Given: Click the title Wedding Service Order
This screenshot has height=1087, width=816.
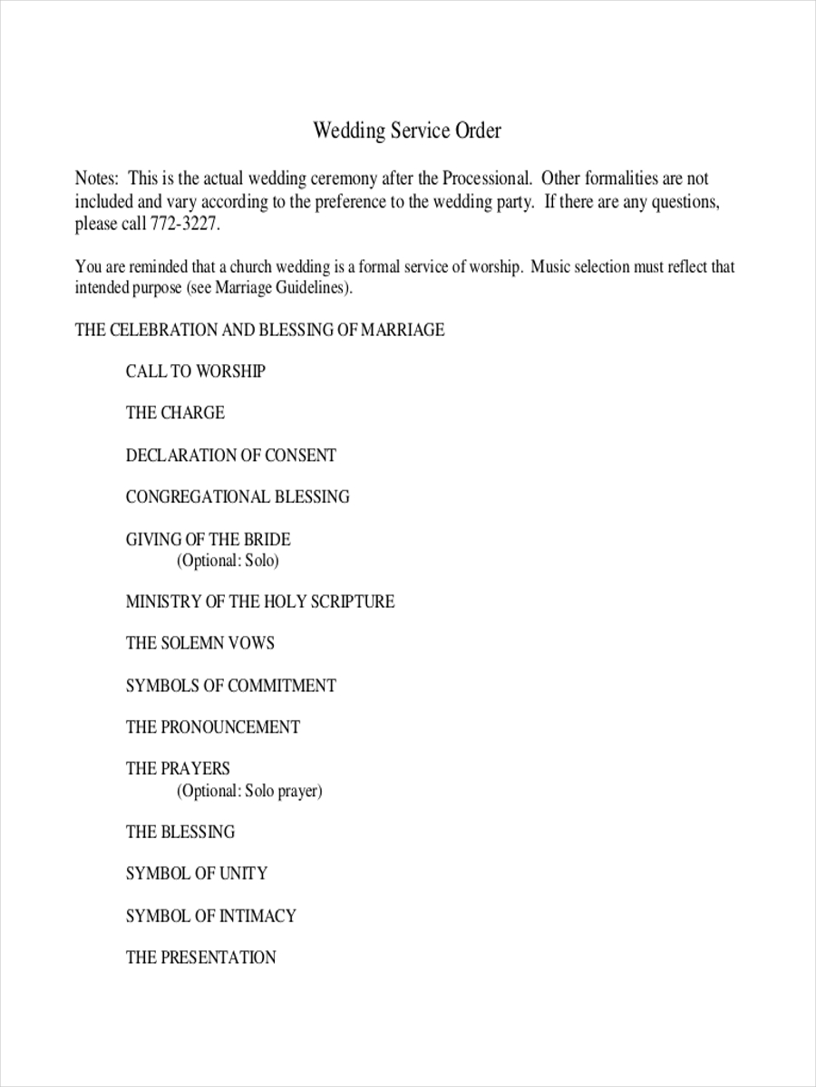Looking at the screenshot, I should click(x=407, y=130).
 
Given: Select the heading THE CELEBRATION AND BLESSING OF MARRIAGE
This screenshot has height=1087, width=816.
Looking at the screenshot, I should click(x=259, y=330).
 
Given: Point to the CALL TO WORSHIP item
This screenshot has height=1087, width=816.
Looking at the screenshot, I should click(x=195, y=371).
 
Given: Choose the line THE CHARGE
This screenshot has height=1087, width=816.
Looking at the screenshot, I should click(x=175, y=413).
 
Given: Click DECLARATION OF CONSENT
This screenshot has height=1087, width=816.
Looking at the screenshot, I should click(x=230, y=455).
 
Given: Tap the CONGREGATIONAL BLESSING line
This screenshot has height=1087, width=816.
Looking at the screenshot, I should click(x=237, y=496).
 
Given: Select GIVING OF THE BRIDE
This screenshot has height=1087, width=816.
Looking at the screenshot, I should click(x=208, y=540).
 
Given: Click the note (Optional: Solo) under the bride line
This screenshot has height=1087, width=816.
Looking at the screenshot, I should click(x=228, y=561).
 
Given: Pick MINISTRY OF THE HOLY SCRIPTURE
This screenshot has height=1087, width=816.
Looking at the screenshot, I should click(x=259, y=601).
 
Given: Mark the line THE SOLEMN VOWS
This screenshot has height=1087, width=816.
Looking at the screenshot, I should click(x=199, y=643).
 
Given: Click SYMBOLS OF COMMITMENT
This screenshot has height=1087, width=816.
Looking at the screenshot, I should click(x=230, y=686).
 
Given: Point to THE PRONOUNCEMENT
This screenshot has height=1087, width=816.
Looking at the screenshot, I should click(x=212, y=727).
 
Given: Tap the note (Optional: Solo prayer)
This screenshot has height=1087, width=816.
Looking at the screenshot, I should click(x=249, y=791).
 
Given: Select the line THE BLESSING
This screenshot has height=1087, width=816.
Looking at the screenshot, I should click(x=180, y=832).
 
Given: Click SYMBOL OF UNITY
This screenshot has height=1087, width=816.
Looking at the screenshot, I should click(x=196, y=873).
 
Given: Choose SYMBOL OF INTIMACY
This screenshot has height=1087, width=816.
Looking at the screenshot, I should click(x=210, y=916).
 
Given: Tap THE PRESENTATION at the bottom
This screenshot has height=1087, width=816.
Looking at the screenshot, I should click(x=200, y=957).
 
